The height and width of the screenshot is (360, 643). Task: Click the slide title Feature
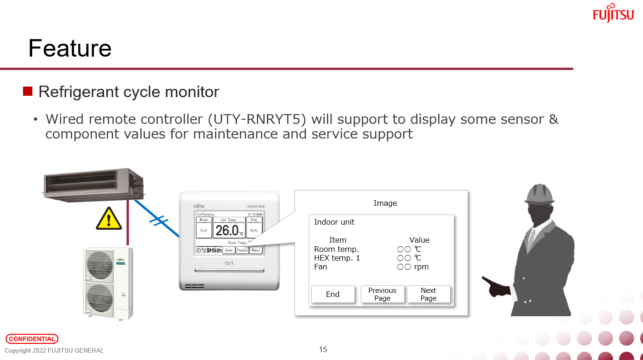point(70,48)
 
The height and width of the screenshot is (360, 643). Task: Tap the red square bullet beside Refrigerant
point(28,91)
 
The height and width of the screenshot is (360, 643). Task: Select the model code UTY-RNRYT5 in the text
point(257,119)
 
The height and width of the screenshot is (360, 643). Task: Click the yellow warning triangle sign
point(109,219)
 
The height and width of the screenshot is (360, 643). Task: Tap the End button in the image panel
point(333,295)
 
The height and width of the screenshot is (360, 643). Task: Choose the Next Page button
point(428,294)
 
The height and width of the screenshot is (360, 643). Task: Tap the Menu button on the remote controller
point(256,250)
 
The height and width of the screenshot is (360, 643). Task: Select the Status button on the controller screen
point(242,250)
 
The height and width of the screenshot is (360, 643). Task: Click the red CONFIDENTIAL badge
point(32,339)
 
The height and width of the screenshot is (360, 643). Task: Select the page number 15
point(323,350)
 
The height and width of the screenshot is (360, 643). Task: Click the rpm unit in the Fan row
point(421,267)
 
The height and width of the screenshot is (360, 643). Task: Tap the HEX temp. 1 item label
point(337,258)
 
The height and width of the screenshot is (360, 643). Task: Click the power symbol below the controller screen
point(229,263)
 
